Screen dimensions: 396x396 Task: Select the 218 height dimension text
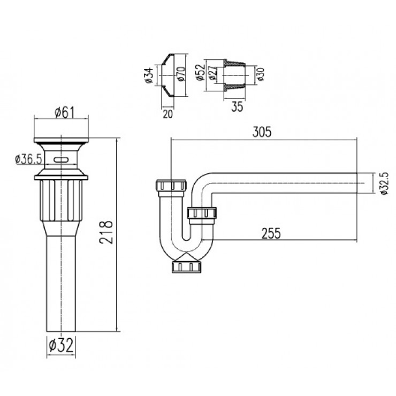point(106,231)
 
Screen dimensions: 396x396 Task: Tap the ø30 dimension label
point(261,73)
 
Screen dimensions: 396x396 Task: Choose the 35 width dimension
point(238,106)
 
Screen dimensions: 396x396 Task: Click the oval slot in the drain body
point(61,159)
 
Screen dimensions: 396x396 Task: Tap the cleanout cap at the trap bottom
point(186,266)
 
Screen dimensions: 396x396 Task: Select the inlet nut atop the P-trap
point(170,187)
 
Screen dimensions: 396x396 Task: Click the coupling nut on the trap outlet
point(202,215)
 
